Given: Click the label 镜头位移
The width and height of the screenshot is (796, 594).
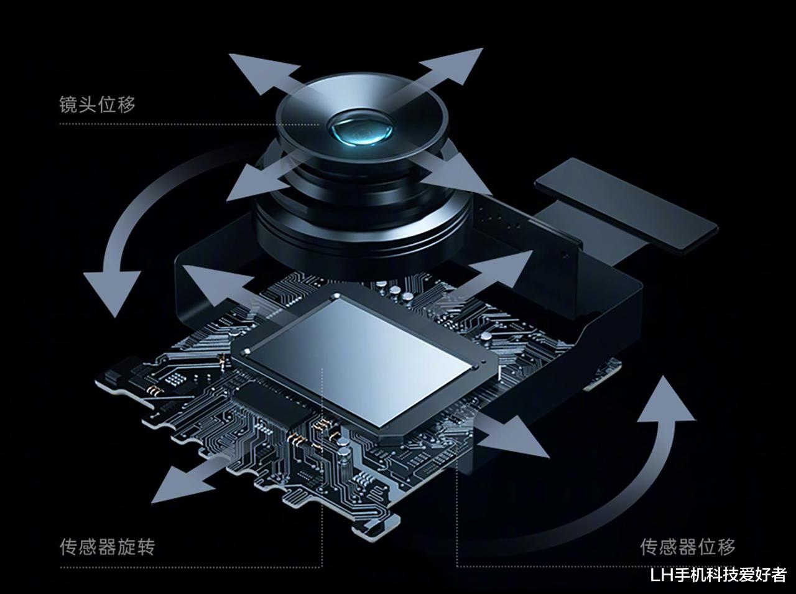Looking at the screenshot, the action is click(x=97, y=104).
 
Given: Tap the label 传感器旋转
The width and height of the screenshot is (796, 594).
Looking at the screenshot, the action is click(x=108, y=547).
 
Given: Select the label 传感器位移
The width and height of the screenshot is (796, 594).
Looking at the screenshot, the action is click(x=688, y=547).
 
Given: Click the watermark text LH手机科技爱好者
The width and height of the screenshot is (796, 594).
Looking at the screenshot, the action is click(x=718, y=575).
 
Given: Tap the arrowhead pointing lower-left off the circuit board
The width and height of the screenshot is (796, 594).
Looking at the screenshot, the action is click(x=178, y=484).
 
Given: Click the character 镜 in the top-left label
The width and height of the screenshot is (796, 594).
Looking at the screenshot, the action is click(x=68, y=104).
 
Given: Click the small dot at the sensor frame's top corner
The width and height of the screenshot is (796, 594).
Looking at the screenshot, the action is click(x=337, y=296).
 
